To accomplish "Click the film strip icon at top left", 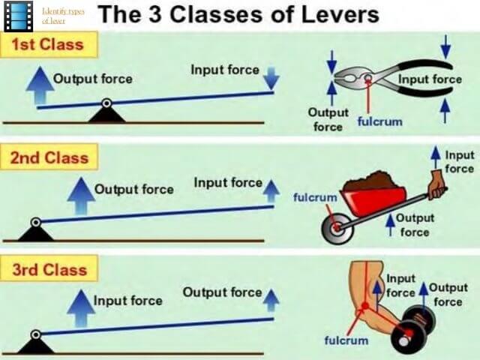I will (x=18, y=16).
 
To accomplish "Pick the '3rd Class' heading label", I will (x=49, y=270).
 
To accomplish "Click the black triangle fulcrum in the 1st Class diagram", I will (x=106, y=113).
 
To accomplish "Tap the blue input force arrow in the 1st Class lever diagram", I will (x=271, y=78).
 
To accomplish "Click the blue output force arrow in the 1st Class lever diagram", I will (x=36, y=81).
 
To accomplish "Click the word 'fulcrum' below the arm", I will (x=346, y=340).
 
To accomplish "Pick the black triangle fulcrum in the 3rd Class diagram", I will (x=35, y=344).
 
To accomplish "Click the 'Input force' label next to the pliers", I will (x=430, y=79).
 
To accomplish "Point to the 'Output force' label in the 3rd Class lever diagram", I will (x=222, y=292).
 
